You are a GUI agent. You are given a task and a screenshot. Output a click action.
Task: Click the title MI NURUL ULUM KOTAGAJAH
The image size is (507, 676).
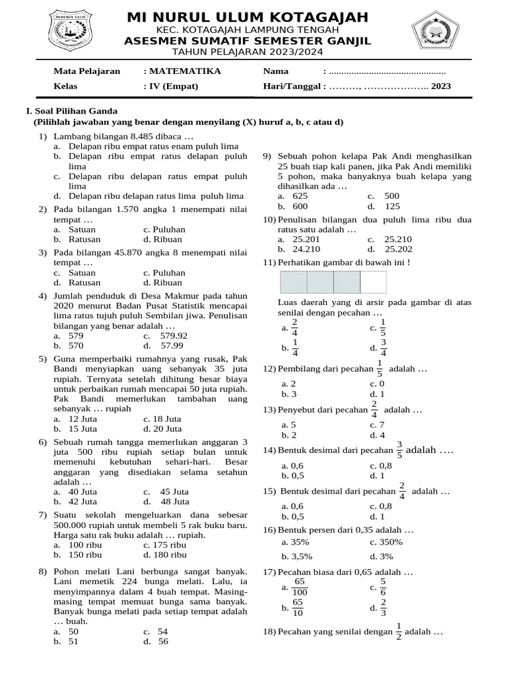click(248, 17)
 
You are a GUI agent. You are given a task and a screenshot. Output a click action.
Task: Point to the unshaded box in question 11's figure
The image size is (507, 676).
click(373, 282)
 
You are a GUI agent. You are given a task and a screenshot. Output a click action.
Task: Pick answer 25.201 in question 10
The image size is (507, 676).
click(306, 239)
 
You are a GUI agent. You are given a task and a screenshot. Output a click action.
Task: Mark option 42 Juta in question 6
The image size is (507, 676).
click(83, 501)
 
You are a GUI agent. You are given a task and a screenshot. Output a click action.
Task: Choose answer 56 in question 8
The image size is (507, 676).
click(162, 641)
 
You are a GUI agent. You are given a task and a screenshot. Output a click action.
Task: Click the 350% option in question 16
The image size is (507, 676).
click(391, 542)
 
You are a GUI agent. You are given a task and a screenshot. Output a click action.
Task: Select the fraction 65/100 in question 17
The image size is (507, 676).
click(299, 586)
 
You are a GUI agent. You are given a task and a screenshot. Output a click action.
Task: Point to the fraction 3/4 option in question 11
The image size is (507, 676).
click(384, 347)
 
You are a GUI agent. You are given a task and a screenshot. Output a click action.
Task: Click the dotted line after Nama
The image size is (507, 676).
click(387, 71)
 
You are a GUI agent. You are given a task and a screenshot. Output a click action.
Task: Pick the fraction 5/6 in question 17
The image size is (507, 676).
click(384, 586)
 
